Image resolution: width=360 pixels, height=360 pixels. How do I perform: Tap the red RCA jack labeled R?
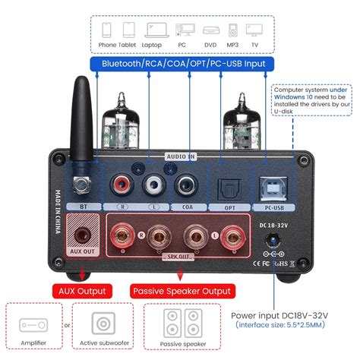(x=119, y=185)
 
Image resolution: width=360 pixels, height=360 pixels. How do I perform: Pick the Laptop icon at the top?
(x=153, y=32)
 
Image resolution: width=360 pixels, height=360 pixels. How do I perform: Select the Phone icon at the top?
(x=106, y=31)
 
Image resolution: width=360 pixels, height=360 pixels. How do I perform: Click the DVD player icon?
(x=210, y=32)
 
